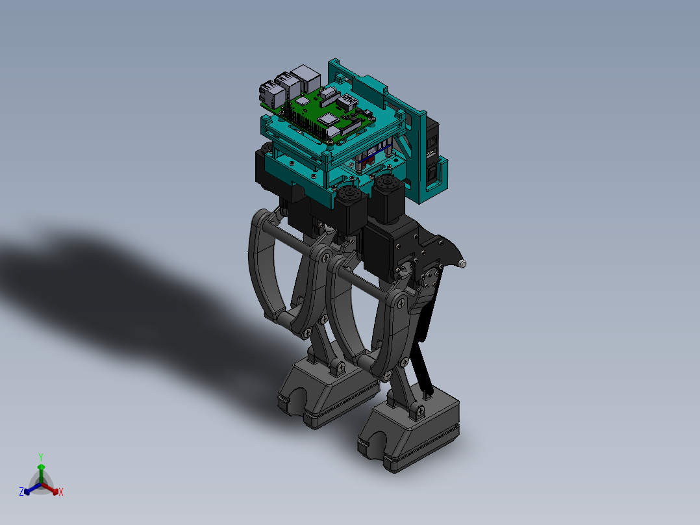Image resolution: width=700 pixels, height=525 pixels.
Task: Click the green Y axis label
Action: (x=41, y=457)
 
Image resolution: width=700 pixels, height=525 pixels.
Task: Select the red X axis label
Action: (x=61, y=493)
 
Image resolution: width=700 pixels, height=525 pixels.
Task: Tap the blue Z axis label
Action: (x=21, y=493)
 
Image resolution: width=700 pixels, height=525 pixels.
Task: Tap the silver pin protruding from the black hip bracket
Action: (x=462, y=264)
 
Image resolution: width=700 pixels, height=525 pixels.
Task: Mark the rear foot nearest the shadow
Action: (x=328, y=390)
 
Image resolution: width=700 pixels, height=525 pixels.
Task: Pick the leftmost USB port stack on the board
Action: (x=268, y=94)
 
